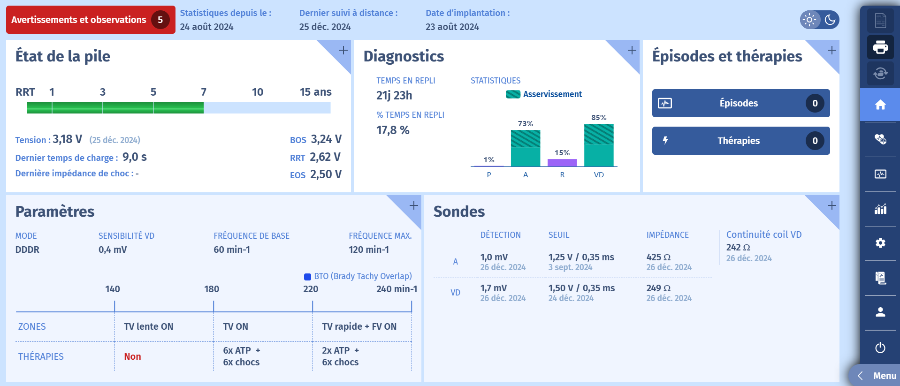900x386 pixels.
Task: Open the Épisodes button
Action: (740, 103)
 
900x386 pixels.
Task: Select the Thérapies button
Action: (740, 141)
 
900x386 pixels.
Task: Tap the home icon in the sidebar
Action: (880, 105)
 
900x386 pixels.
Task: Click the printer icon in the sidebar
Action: (880, 47)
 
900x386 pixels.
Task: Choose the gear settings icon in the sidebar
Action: (880, 243)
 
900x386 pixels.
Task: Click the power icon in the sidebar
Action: (880, 348)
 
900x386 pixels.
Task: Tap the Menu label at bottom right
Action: (884, 376)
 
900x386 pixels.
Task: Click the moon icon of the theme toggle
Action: (830, 20)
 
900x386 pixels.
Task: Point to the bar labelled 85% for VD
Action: (599, 145)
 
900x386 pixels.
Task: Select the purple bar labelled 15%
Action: (562, 162)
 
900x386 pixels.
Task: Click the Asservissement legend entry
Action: (544, 94)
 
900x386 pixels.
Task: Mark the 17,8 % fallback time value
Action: (393, 130)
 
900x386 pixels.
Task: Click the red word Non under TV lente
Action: (132, 356)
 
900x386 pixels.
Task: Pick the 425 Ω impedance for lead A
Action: (658, 257)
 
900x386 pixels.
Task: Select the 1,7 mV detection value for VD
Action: (493, 288)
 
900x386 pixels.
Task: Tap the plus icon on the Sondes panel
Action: (831, 205)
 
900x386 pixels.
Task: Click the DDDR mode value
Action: (27, 250)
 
